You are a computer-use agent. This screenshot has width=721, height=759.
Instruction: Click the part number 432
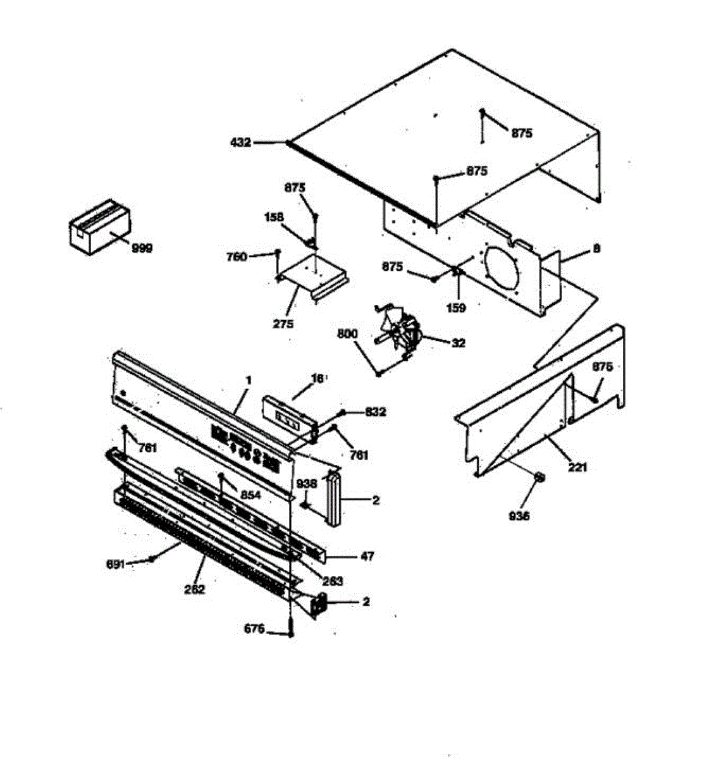(x=241, y=143)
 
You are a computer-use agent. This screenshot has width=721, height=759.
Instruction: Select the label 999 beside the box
(x=142, y=249)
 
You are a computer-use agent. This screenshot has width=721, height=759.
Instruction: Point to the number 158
(x=274, y=217)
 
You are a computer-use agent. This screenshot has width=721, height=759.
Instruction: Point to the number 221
(x=577, y=467)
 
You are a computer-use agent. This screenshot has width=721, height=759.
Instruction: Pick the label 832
(x=375, y=412)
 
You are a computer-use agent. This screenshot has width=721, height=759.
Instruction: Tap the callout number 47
(x=367, y=557)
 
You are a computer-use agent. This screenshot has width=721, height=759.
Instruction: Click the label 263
(x=333, y=581)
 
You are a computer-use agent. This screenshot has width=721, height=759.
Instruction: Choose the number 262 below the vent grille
(x=195, y=589)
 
